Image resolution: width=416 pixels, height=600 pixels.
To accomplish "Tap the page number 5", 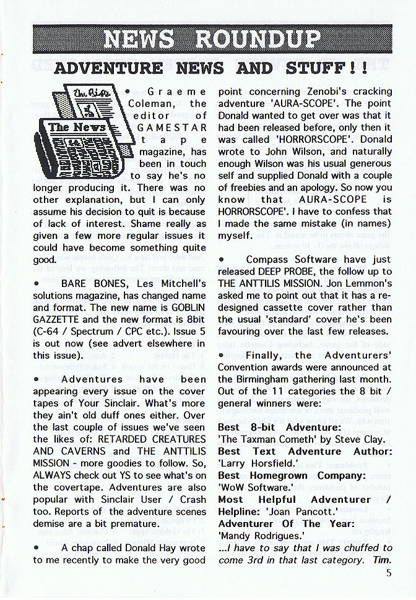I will tap(389, 573).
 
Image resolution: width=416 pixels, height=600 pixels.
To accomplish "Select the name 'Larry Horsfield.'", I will tap(257, 463).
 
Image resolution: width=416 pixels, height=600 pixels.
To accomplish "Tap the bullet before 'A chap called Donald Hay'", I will tap(37, 547).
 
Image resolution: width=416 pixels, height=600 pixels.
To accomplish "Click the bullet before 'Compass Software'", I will tap(222, 259).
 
